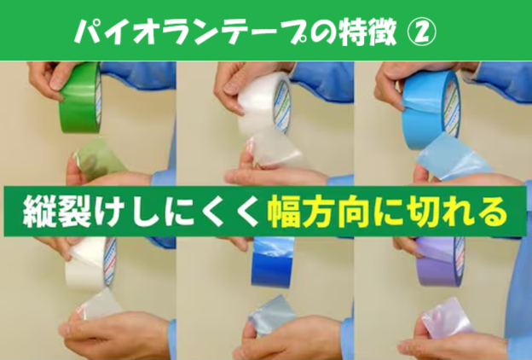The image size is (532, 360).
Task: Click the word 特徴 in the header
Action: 367,32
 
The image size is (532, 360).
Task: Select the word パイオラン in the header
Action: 145,32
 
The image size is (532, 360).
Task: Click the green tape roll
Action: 81,98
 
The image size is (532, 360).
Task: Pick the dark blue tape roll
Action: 272,262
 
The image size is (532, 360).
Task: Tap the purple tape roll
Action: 441,262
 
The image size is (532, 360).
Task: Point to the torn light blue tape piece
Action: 454,157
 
